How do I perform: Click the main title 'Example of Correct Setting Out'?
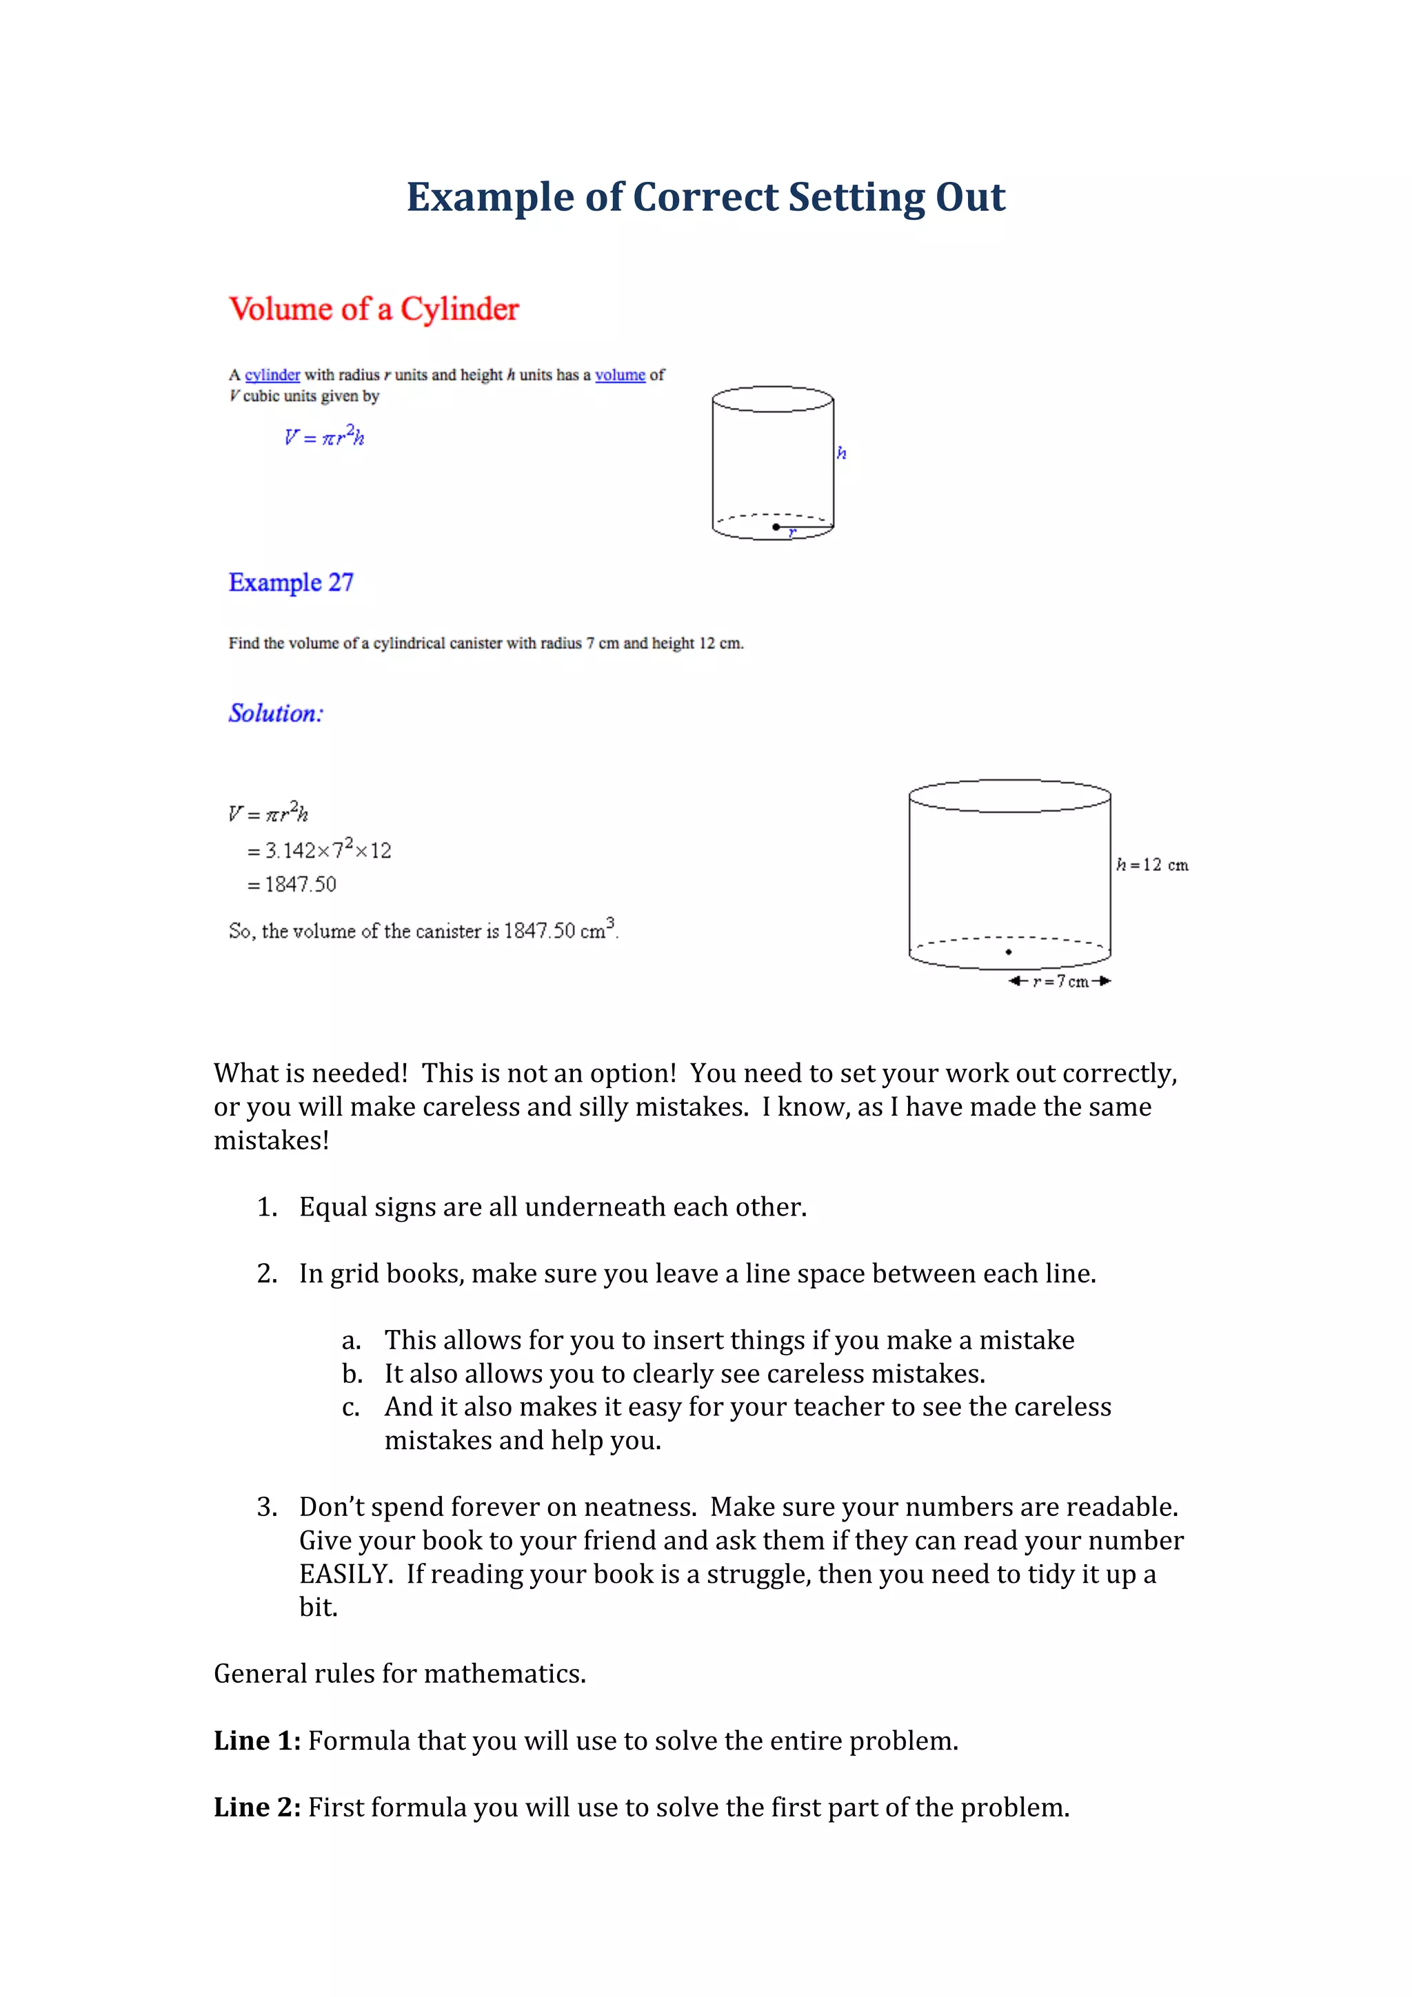pyautogui.click(x=705, y=198)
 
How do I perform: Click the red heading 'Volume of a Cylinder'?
pyautogui.click(x=374, y=309)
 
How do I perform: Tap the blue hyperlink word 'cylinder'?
pyautogui.click(x=272, y=375)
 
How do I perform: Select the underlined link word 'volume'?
pyautogui.click(x=619, y=375)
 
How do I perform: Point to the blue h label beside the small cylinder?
pyautogui.click(x=841, y=453)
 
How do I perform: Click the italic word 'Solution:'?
pyautogui.click(x=276, y=713)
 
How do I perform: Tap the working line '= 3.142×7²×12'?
pyautogui.click(x=319, y=849)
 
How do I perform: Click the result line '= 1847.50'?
pyautogui.click(x=292, y=885)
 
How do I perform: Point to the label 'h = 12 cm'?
pyautogui.click(x=1152, y=865)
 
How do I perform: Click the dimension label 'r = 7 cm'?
pyautogui.click(x=1060, y=981)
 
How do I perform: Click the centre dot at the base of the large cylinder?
pyautogui.click(x=1008, y=952)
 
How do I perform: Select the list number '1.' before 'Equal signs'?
pyautogui.click(x=267, y=1207)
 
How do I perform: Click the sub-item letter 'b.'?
pyautogui.click(x=352, y=1373)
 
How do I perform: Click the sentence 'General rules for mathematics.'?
pyautogui.click(x=399, y=1673)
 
